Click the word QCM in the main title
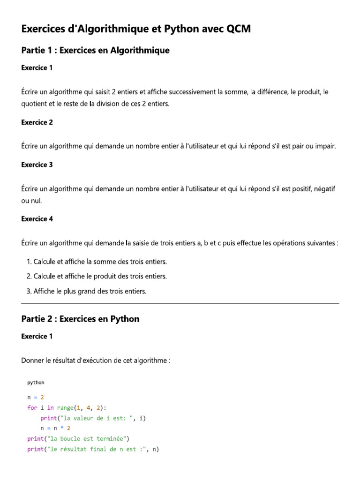pyautogui.click(x=239, y=29)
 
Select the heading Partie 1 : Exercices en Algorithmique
pyautogui.click(x=95, y=51)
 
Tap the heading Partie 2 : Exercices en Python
pyautogui.click(x=80, y=319)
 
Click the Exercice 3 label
pyautogui.click(x=37, y=165)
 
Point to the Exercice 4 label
pyautogui.click(x=37, y=218)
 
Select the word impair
pyautogui.click(x=325, y=146)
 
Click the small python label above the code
pyautogui.click(x=36, y=382)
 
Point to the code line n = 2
pyautogui.click(x=36, y=397)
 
